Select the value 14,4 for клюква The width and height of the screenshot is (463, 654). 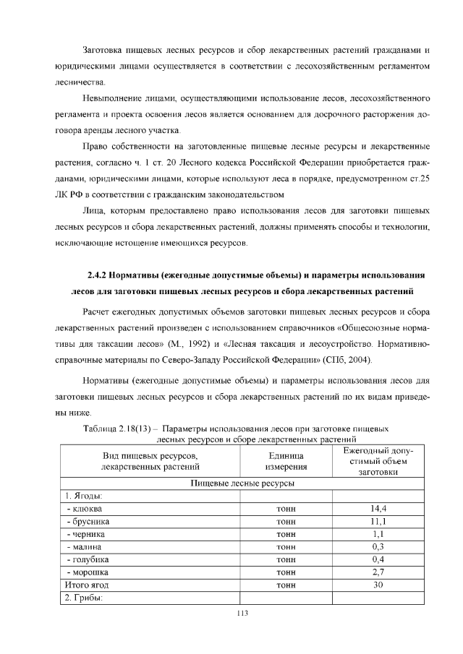tap(378, 509)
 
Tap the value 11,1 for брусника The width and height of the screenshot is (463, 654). tap(378, 521)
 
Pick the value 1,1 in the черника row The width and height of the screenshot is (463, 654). tap(378, 534)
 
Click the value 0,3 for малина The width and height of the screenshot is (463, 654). tap(378, 546)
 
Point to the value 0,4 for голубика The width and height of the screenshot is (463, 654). tap(378, 559)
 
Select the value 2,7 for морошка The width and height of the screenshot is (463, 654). tap(378, 572)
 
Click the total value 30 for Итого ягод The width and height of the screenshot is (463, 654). tap(378, 585)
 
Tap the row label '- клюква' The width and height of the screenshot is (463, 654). tap(84, 509)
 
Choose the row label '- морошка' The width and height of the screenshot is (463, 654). tap(87, 572)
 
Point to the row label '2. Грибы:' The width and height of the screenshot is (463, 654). tap(85, 598)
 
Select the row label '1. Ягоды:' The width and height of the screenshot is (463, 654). tap(84, 496)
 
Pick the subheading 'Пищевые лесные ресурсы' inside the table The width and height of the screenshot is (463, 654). tap(242, 483)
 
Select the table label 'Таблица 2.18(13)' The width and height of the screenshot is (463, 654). tap(120, 429)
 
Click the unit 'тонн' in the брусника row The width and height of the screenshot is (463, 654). tap(286, 521)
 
